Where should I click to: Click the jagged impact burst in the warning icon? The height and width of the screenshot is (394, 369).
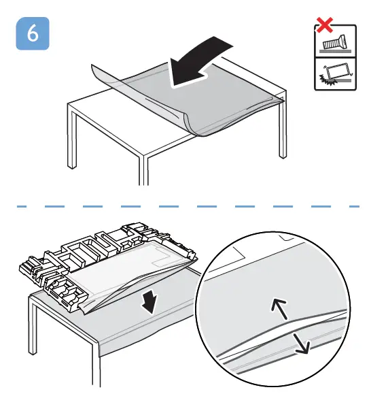click(x=324, y=80)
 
